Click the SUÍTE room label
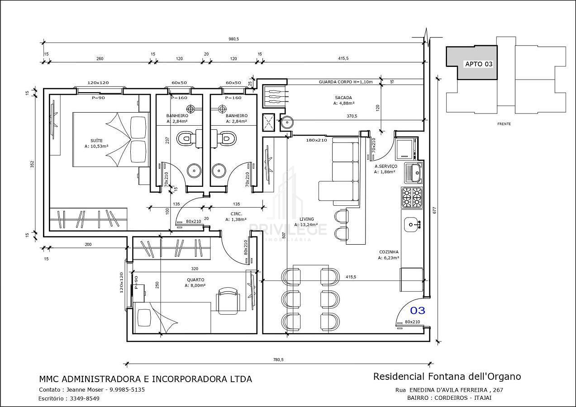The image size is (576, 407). click(97, 141)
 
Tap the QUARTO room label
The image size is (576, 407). click(195, 280)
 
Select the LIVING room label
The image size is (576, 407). click(307, 219)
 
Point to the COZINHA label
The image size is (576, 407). click(389, 252)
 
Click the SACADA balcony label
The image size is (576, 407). click(343, 98)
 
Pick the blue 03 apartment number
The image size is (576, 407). click(418, 311)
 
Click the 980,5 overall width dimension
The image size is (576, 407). click(234, 39)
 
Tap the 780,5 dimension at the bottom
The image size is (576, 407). click(278, 360)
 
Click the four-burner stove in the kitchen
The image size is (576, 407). click(412, 197)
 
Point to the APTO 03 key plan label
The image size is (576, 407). click(479, 64)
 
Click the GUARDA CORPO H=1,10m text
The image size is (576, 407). click(346, 82)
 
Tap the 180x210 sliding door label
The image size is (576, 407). click(317, 140)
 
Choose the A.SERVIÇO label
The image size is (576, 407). click(386, 166)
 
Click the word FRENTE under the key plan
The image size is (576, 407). click(504, 124)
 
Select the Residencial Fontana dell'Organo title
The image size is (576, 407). click(447, 377)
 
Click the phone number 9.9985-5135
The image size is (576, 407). click(127, 389)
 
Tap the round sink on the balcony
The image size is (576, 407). click(286, 123)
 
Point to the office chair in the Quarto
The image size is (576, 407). click(228, 300)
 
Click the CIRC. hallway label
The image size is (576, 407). click(236, 214)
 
